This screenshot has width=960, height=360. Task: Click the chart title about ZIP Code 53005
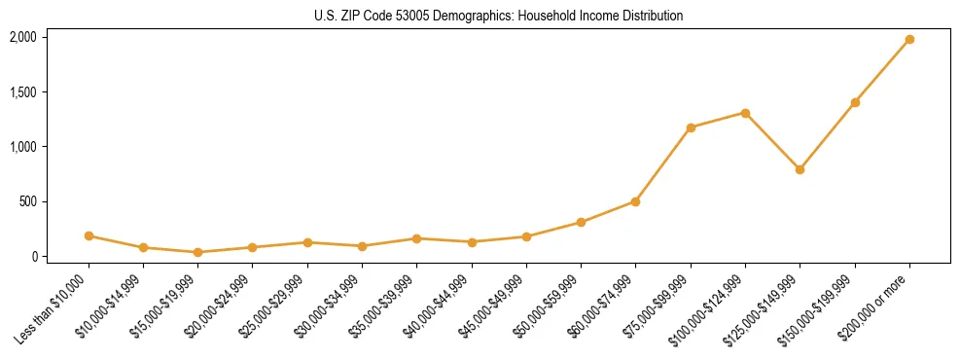[x=498, y=16]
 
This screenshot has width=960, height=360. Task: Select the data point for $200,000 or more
[x=909, y=40]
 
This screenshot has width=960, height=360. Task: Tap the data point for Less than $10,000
[x=89, y=235]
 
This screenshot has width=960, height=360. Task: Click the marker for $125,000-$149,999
[x=800, y=169]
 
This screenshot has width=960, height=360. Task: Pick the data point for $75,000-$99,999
[x=691, y=127]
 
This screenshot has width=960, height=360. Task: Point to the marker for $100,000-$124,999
[x=745, y=113]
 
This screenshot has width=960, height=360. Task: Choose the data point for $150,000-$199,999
[x=855, y=102]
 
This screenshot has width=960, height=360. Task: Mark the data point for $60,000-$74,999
[x=635, y=201]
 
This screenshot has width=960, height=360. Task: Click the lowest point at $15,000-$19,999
[x=197, y=252]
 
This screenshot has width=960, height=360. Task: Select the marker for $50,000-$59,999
[x=581, y=222]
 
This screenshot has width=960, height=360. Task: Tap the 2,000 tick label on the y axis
[x=22, y=37]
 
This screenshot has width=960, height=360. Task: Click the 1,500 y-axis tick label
[x=22, y=92]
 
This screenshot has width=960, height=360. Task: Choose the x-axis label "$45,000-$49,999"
[x=497, y=305]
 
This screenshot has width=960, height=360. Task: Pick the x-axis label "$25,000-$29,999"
[x=278, y=305]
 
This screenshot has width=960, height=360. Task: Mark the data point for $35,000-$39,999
[x=416, y=238]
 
